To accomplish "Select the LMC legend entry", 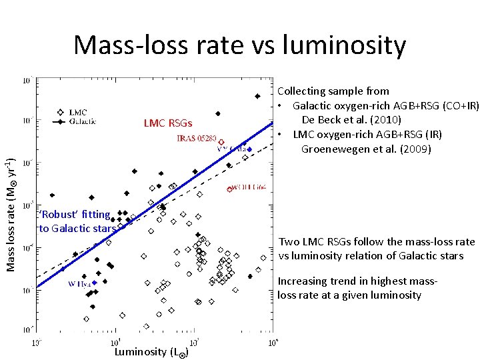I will click(77, 112).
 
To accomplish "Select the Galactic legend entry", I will click(83, 121).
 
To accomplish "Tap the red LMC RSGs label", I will click(168, 123).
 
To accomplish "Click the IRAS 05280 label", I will click(196, 138).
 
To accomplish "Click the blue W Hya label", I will click(79, 283).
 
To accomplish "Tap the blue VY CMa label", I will click(231, 149).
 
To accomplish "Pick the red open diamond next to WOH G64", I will click(229, 189).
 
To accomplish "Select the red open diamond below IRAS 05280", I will click(221, 143).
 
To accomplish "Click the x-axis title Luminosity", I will click(141, 351).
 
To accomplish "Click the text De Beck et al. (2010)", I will click(351, 120).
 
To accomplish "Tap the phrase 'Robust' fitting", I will click(75, 214).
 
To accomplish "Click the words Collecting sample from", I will click(333, 91).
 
